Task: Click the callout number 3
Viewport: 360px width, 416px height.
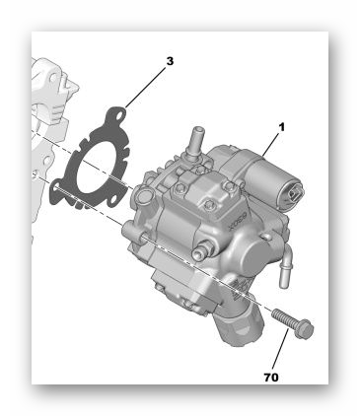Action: tap(170, 61)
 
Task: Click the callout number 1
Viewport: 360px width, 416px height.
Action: tap(281, 127)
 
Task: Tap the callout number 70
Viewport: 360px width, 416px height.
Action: tap(271, 378)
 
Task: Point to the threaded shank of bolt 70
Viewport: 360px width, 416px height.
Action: tap(284, 317)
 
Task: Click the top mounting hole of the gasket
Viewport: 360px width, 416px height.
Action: tap(120, 115)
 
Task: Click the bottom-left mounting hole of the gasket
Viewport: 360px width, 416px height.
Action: tap(56, 187)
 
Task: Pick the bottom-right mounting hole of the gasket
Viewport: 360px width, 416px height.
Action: tap(113, 199)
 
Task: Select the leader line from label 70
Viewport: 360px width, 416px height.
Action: tap(280, 349)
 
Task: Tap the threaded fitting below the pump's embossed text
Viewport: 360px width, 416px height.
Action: tap(204, 247)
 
